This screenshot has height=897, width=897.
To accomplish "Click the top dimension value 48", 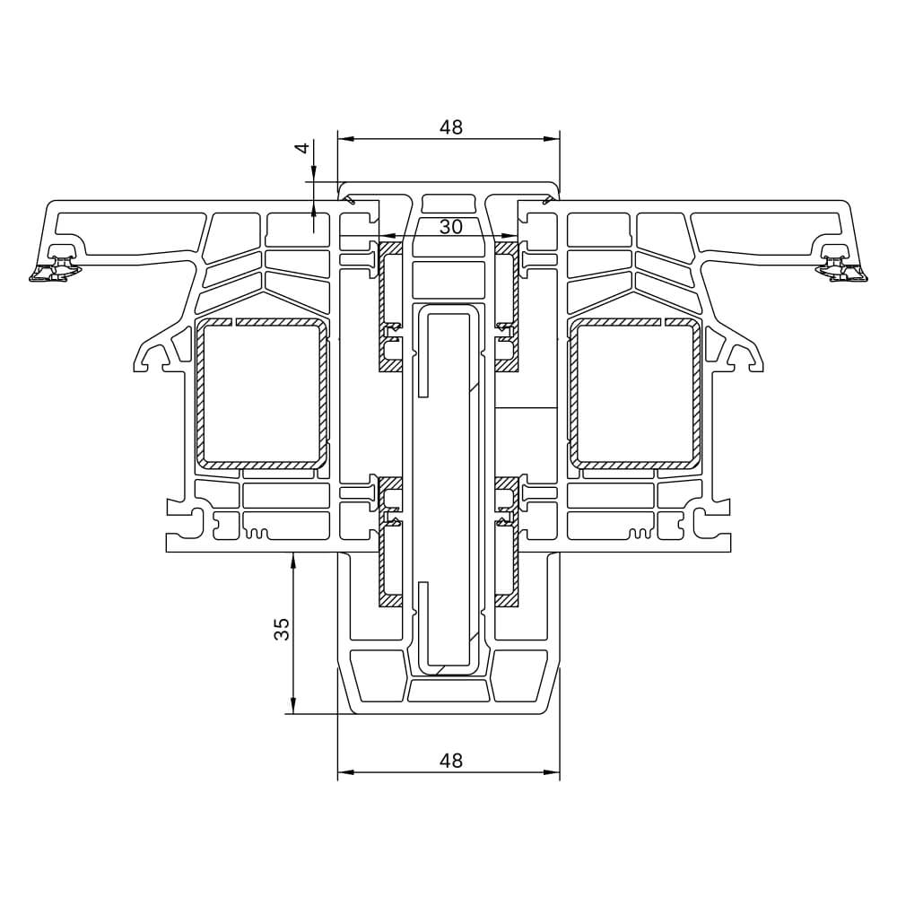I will (451, 127).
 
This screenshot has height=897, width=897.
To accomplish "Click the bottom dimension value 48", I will (451, 760).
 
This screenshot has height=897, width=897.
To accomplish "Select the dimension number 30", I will (451, 227).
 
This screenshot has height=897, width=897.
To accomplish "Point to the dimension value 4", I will (303, 148).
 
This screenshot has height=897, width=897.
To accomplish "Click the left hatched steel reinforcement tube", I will (261, 394).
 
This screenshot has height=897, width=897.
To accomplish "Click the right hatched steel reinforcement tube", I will (637, 394).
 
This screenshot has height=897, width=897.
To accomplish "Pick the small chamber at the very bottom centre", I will (448, 691).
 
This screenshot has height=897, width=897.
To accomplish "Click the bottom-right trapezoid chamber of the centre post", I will (520, 675).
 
